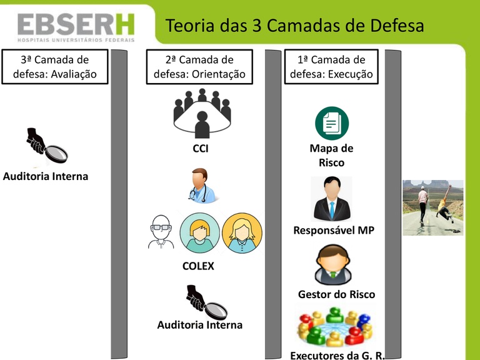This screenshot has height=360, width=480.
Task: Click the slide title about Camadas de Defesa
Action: [x=294, y=26]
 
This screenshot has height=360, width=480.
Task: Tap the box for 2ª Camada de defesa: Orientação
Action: [x=200, y=67]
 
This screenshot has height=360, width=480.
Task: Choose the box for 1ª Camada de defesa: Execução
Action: [x=331, y=67]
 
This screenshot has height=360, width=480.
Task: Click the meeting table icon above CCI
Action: [x=202, y=113]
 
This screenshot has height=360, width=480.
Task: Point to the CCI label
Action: [x=201, y=149]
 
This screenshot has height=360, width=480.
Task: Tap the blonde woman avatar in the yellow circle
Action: [x=242, y=233]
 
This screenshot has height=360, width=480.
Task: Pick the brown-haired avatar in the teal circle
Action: [x=200, y=233]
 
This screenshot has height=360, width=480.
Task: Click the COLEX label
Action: [x=198, y=266]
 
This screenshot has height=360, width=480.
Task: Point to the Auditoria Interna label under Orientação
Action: [x=200, y=325]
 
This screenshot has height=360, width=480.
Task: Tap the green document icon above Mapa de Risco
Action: [x=331, y=123]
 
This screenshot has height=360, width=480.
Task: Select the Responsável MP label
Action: [x=334, y=231]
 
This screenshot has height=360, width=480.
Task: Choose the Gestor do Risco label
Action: [x=336, y=294]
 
